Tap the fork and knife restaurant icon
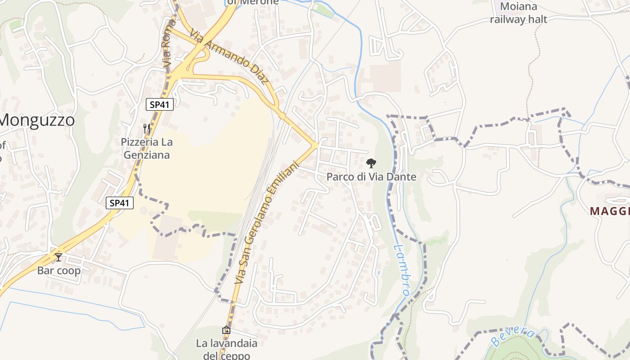[x=147, y=128]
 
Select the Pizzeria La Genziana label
[x=146, y=148]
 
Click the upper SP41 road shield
[x=160, y=104]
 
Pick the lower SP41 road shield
[x=120, y=203]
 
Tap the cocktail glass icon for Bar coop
[x=58, y=257]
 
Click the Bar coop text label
[x=59, y=270]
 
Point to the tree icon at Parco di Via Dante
[x=371, y=163]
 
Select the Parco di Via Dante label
[x=371, y=177]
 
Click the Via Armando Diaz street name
[x=229, y=56]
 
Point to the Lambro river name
[x=400, y=270]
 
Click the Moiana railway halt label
[x=518, y=13]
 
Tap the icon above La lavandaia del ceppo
[x=226, y=330]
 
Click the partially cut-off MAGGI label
[x=609, y=211]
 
